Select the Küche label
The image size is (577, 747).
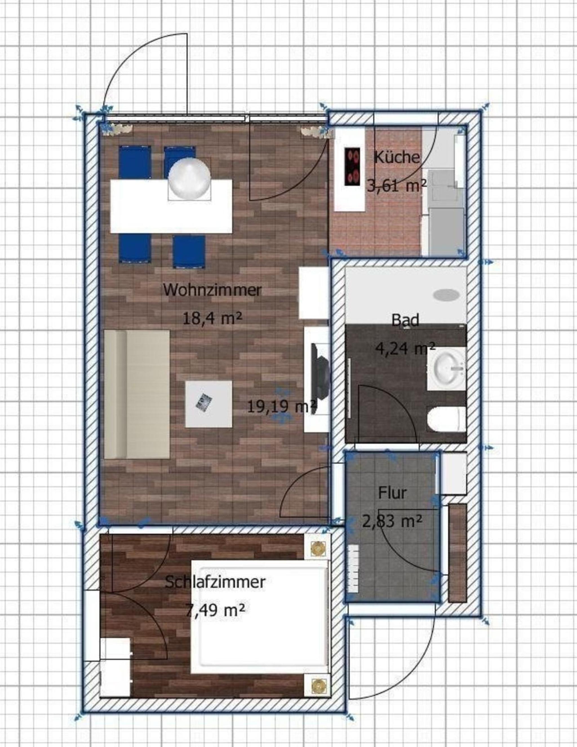[397, 157]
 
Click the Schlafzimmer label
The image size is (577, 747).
[215, 582]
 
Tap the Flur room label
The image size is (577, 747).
[392, 493]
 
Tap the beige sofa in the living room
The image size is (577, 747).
[137, 394]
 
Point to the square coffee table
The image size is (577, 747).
[208, 404]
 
